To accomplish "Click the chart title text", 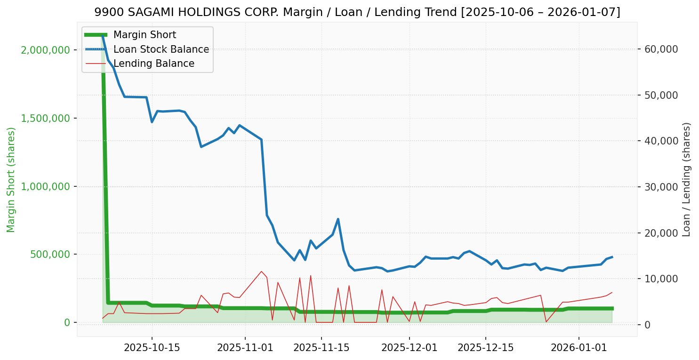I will point(357,12).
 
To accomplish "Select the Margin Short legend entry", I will point(145,35).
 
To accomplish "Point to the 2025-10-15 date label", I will point(152,348).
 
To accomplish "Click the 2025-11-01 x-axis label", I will point(245,348).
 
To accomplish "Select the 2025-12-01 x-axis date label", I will point(409,348).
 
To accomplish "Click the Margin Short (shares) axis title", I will point(11,180).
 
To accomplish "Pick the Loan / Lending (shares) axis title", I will point(686,180).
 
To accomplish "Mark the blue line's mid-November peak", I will point(338,219).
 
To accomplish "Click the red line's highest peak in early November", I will point(261,271).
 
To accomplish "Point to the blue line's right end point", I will point(612,257).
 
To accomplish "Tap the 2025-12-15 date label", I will point(485,348).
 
